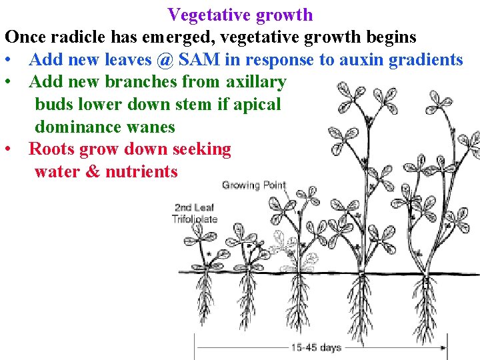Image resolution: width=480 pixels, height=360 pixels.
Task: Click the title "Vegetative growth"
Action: pyautogui.click(x=240, y=14)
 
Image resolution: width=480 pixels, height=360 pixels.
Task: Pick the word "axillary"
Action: pyautogui.click(x=256, y=83)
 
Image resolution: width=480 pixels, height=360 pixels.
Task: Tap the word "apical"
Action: pyautogui.click(x=255, y=105)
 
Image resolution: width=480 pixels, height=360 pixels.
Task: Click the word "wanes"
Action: pyautogui.click(x=153, y=127)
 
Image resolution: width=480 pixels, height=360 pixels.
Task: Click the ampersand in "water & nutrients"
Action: pyautogui.click(x=93, y=172)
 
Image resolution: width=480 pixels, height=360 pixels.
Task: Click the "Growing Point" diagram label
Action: pyautogui.click(x=253, y=185)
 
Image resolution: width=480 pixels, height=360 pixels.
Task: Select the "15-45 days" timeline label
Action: pyautogui.click(x=315, y=347)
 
